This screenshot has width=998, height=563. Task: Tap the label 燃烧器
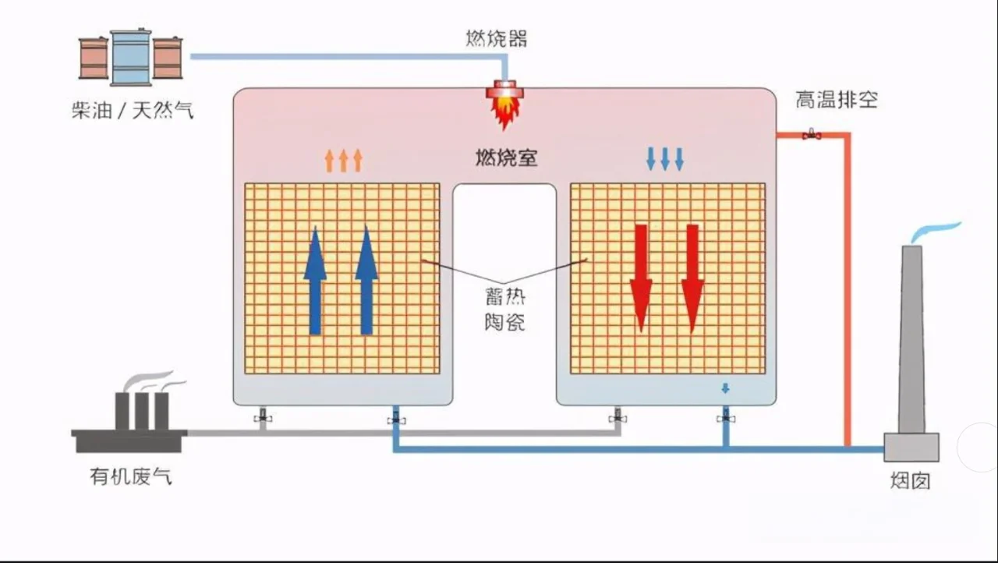pos(497,38)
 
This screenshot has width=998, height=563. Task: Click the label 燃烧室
pos(506,158)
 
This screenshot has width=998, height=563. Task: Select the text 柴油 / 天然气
pos(132,111)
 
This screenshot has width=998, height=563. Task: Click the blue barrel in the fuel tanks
pos(130,57)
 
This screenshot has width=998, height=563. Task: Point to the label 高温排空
pos(836,100)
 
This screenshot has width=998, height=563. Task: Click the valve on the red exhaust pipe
pos(812,134)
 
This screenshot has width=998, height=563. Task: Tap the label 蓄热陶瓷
pos(504,309)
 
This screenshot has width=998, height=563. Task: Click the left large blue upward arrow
pos(315,281)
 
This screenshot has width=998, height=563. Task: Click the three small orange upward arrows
pos(343,160)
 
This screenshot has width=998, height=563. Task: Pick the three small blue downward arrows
pos(665,158)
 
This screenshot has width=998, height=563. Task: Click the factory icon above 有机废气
pos(129,417)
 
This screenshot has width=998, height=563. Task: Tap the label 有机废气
pos(131,476)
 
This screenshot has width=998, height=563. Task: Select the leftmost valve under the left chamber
pos(264,418)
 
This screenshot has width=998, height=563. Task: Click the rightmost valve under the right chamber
pos(726,418)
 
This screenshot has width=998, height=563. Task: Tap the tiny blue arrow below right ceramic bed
pos(725,388)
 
